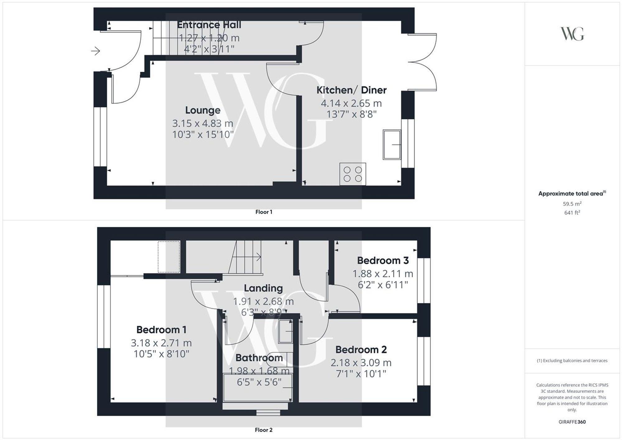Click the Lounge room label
[203, 110]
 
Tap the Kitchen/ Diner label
[351, 90]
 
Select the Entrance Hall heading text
[209, 25]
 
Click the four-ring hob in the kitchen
[353, 174]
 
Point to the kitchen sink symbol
[392, 145]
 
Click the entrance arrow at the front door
[95, 51]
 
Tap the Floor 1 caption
[264, 212]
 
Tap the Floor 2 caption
[264, 430]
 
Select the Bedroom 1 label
[161, 330]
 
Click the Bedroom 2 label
[361, 350]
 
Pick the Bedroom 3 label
[383, 261]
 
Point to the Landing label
[263, 288]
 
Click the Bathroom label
[259, 358]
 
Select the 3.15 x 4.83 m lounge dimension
[203, 123]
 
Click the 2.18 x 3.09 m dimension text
[361, 363]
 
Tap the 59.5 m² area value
[572, 204]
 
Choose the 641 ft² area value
[572, 213]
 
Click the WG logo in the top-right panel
[572, 34]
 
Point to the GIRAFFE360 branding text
[572, 422]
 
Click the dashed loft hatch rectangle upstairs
[169, 257]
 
